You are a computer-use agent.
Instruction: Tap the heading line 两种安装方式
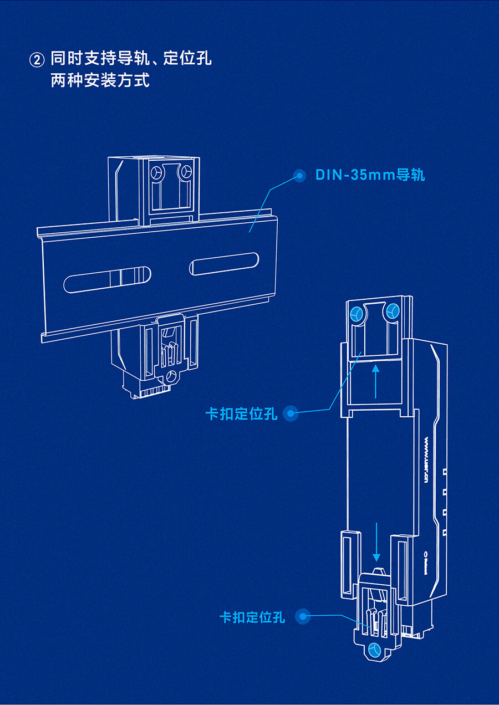pyautogui.click(x=100, y=80)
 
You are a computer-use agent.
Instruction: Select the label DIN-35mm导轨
pyautogui.click(x=370, y=175)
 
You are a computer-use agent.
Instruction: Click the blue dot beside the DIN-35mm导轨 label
pyautogui.click(x=300, y=176)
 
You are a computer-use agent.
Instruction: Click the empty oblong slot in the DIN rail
pyautogui.click(x=224, y=264)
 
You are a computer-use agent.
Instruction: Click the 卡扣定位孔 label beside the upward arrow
pyautogui.click(x=241, y=413)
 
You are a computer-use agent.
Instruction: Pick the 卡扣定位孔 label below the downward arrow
pyautogui.click(x=252, y=617)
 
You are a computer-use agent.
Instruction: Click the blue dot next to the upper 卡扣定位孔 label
pyautogui.click(x=291, y=413)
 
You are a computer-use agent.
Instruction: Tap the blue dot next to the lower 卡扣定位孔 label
pyautogui.click(x=302, y=616)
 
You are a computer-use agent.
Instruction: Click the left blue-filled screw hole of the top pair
pyautogui.click(x=356, y=315)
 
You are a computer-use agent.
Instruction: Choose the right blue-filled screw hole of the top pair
pyautogui.click(x=392, y=311)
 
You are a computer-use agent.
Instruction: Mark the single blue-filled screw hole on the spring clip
pyautogui.click(x=375, y=650)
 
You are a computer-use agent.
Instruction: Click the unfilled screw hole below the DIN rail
pyautogui.click(x=170, y=376)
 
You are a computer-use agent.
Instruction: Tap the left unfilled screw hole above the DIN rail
pyautogui.click(x=156, y=173)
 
